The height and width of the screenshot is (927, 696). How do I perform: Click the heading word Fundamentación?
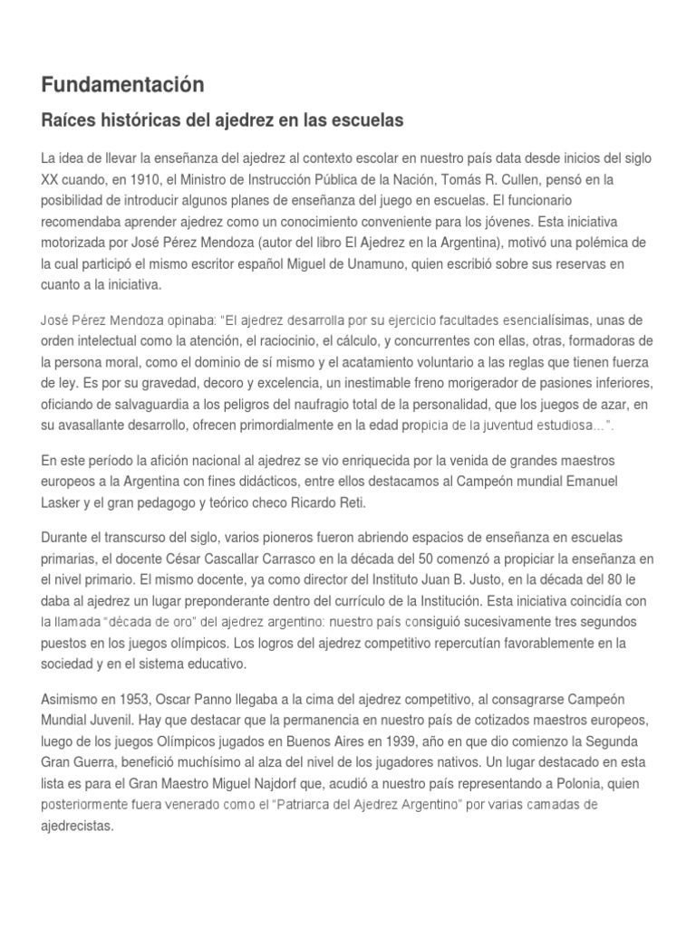point(122,85)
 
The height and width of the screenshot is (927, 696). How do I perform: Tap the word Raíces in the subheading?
point(68,119)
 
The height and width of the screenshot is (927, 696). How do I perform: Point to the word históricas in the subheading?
point(135,119)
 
